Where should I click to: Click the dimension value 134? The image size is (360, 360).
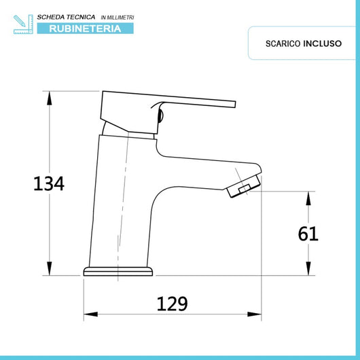point(49,183)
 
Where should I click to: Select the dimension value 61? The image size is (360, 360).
point(308,233)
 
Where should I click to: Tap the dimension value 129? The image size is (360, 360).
point(171,303)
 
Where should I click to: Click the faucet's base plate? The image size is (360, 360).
point(118,272)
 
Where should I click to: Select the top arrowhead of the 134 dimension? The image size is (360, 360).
point(49,96)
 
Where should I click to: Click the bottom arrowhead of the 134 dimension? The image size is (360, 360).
point(49,270)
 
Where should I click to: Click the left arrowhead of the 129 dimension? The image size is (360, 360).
point(89,316)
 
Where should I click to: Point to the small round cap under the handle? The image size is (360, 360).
point(160,116)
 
